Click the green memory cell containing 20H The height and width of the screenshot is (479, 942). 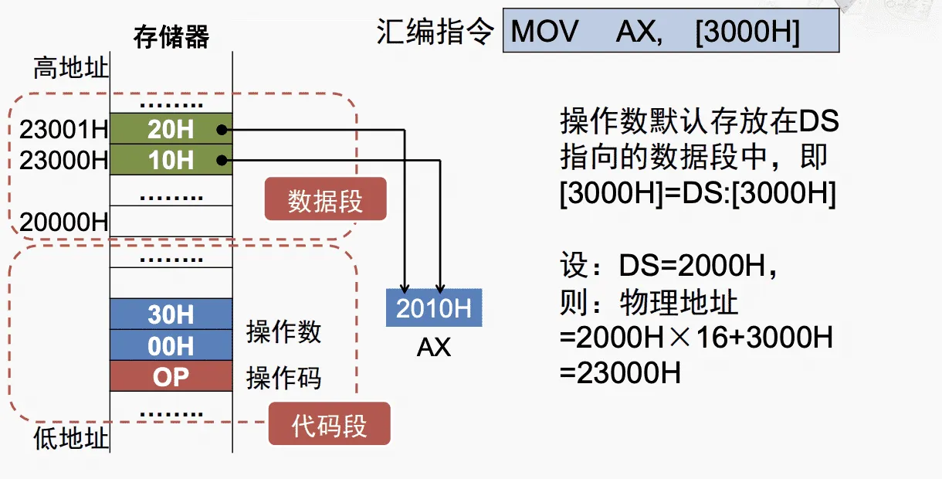(x=171, y=129)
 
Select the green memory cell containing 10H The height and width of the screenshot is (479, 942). (x=171, y=160)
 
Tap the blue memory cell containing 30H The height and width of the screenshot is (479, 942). (x=171, y=314)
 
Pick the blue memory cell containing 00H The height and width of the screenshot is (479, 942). (x=171, y=345)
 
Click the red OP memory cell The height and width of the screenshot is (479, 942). (x=171, y=375)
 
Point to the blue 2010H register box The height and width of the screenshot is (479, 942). (x=434, y=307)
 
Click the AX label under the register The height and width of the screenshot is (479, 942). (x=434, y=348)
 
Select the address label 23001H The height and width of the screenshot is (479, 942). (x=64, y=130)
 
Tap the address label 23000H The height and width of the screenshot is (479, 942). (x=64, y=161)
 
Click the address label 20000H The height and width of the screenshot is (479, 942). (x=64, y=223)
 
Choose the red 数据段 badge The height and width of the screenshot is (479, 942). (x=325, y=201)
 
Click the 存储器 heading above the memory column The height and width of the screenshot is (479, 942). (x=171, y=37)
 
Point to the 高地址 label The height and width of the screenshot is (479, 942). (x=70, y=68)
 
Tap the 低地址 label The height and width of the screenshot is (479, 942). (x=70, y=439)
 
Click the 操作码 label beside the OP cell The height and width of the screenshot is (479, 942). (x=284, y=378)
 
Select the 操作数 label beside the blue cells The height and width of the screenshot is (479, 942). (x=284, y=332)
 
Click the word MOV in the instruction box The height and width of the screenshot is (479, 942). (x=544, y=32)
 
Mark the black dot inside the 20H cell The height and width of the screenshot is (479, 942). (x=222, y=130)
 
